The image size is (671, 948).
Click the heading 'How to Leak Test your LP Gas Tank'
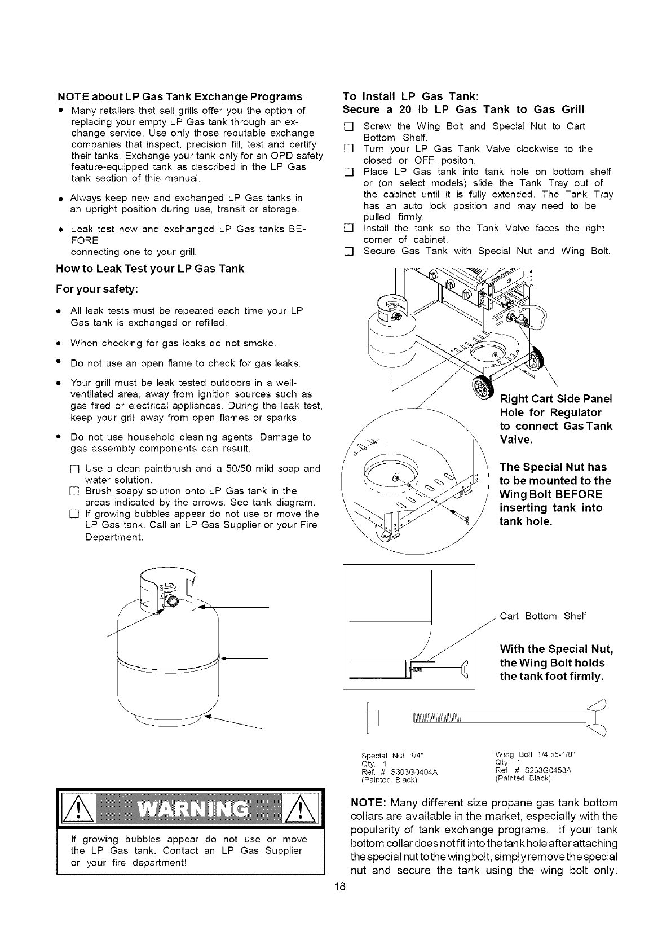[x=150, y=268]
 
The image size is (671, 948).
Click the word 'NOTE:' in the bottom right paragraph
[x=368, y=802]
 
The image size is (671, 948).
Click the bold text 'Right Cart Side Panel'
[x=556, y=398]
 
